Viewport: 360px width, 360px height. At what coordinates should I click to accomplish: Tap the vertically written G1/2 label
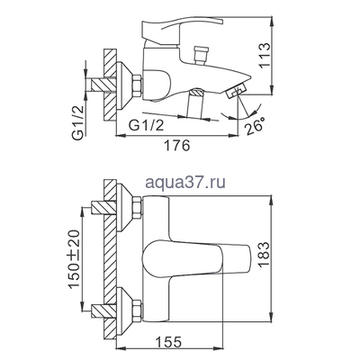[78, 91]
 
